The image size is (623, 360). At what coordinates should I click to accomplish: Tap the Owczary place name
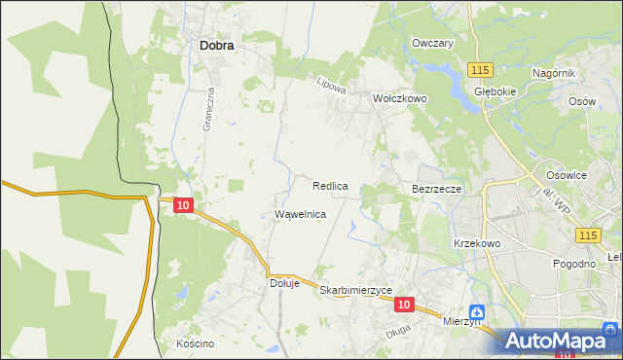coord(433,44)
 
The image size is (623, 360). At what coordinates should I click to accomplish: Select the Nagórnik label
coord(555,74)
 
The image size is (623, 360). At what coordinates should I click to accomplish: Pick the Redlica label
coord(331,185)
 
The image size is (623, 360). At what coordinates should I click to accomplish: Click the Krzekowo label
coord(476,243)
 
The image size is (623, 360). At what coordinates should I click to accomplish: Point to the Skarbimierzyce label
coord(355,290)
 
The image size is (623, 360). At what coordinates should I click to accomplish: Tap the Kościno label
coord(195,343)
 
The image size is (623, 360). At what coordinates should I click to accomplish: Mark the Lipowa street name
coord(332,86)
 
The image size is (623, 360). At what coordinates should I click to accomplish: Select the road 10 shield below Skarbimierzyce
coord(406,305)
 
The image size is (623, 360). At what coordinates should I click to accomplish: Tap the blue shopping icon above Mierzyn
coord(476,312)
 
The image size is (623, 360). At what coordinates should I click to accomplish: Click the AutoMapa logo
coord(557,340)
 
